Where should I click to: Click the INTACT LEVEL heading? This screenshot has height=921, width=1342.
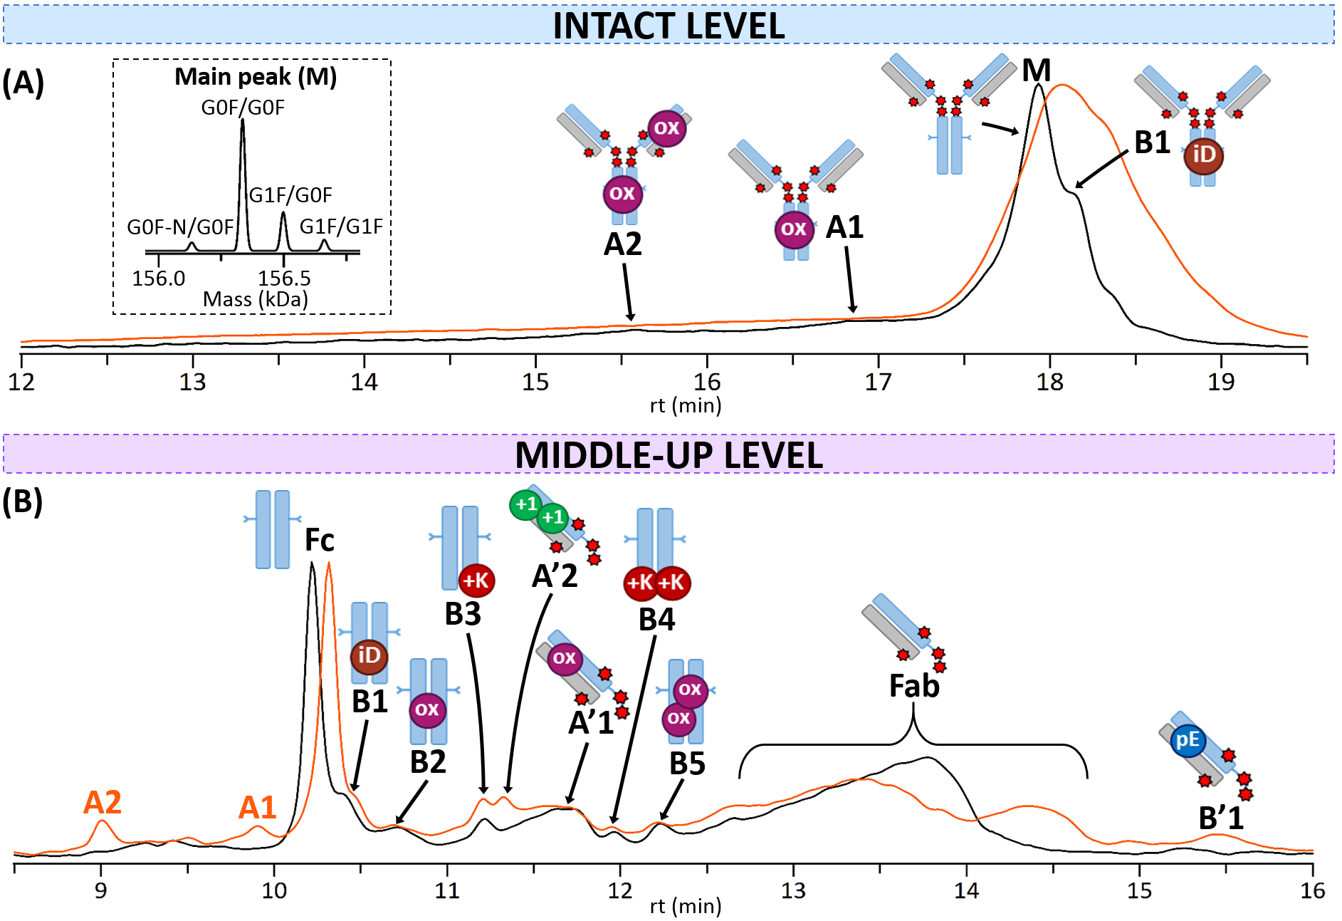(669, 26)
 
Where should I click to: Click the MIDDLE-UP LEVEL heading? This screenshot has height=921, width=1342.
(669, 455)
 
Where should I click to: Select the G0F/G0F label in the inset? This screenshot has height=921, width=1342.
(243, 108)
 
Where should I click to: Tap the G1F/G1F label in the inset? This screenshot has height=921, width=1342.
(341, 227)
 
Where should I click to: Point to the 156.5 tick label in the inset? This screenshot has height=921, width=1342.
(284, 278)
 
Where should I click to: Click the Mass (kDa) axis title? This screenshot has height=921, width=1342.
(255, 299)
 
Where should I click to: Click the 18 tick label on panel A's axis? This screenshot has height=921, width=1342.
(1049, 383)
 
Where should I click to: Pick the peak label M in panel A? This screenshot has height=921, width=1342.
(1036, 71)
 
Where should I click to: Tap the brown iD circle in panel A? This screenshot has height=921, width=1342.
(1203, 155)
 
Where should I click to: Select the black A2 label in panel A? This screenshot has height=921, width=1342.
(623, 244)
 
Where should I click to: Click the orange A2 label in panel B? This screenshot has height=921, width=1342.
(103, 803)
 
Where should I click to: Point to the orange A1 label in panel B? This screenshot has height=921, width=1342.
(257, 808)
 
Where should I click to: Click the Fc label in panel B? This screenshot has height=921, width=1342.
(319, 540)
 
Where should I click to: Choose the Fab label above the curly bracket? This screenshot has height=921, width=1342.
(914, 686)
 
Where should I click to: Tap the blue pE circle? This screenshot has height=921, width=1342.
(1188, 740)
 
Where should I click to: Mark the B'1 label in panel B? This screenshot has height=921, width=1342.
(1220, 818)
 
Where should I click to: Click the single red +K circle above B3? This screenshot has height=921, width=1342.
(476, 581)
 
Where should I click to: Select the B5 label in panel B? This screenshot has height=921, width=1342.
(687, 764)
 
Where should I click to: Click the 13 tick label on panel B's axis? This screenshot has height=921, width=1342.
(793, 890)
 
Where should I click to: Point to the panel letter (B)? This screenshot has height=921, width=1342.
(22, 501)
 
